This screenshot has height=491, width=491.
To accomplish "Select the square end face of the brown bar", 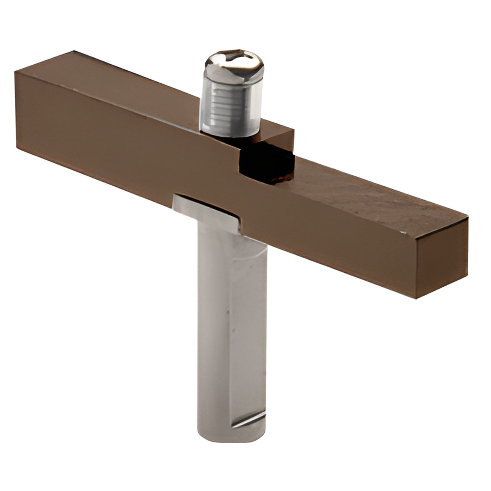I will (441, 262).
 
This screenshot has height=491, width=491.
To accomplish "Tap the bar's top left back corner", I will (74, 51).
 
